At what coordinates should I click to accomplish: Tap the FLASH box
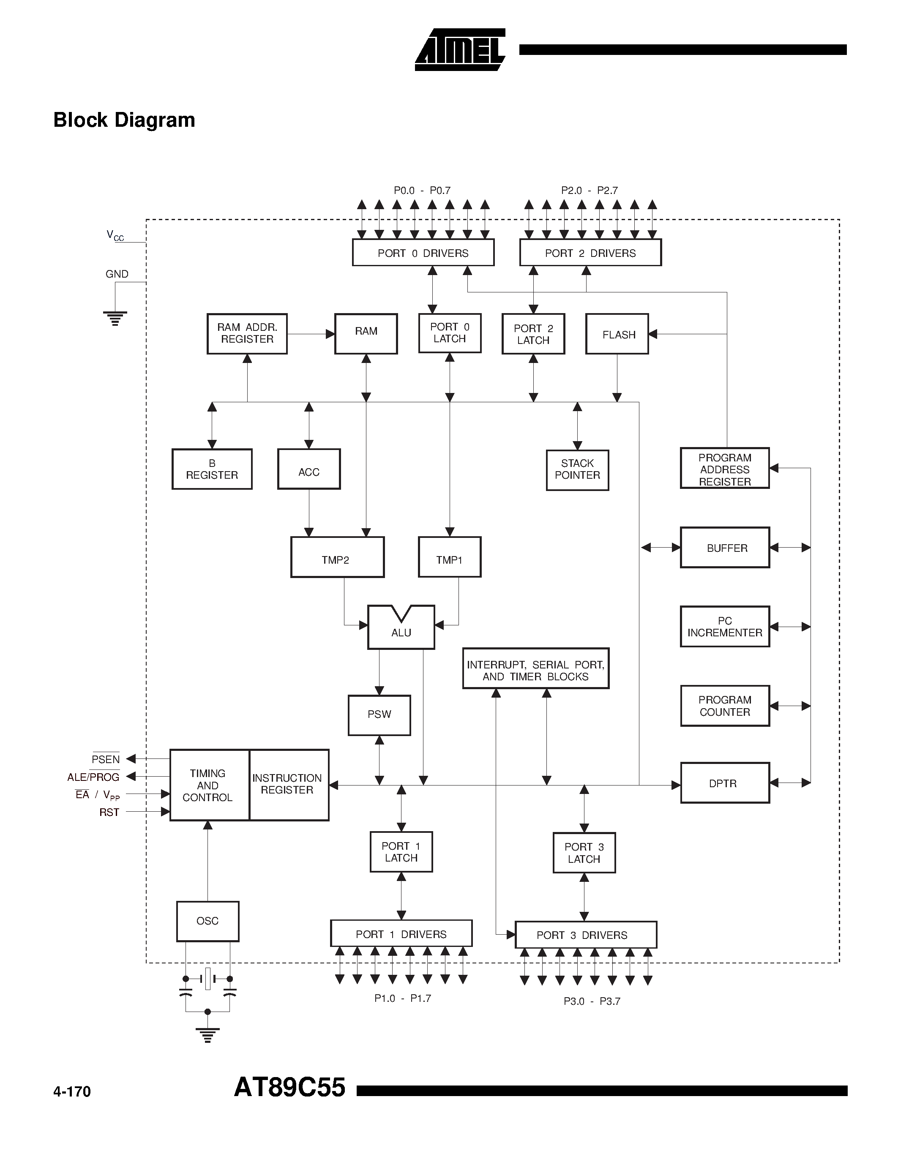(x=617, y=334)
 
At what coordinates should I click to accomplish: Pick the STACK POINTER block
(x=577, y=470)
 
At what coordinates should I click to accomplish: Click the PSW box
(x=379, y=715)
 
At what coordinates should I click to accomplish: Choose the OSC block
(x=207, y=920)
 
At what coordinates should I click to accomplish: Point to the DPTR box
(x=725, y=783)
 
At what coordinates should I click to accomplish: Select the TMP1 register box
(x=450, y=557)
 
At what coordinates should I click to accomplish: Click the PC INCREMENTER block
(x=725, y=627)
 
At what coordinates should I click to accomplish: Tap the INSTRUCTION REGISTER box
(x=288, y=785)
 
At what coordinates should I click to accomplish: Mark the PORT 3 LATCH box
(x=584, y=853)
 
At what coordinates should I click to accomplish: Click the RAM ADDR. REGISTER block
(x=247, y=333)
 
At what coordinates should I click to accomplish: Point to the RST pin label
(x=109, y=813)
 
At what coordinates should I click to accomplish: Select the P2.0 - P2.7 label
(x=590, y=191)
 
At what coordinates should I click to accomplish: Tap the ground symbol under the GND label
(x=115, y=318)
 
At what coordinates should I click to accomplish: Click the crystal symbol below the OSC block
(x=207, y=979)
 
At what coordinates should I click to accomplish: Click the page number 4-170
(x=72, y=1092)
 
